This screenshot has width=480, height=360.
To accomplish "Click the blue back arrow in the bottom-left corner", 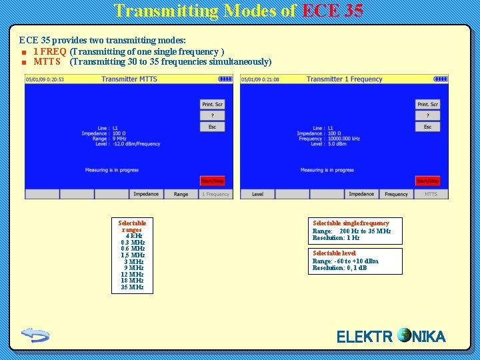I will (35, 334).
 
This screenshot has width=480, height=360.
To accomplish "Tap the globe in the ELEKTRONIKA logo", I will (404, 335).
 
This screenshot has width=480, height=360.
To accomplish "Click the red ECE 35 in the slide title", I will (333, 11).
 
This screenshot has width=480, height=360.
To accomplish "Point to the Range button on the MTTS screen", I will (181, 194).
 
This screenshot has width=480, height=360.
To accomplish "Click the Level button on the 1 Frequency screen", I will (257, 194).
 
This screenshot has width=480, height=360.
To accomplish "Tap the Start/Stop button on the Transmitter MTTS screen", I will (213, 181).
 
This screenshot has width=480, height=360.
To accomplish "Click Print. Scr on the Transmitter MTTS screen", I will (213, 104).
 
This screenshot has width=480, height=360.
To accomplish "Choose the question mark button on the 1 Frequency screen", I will (427, 115).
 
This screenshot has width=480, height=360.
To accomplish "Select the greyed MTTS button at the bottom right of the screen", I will (431, 194).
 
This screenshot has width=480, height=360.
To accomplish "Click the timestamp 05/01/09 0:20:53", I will (45, 79).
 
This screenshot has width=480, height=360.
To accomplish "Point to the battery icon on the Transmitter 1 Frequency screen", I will (441, 79).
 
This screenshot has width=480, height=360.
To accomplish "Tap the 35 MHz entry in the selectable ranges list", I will (132, 287).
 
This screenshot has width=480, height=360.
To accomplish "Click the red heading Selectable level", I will (335, 253).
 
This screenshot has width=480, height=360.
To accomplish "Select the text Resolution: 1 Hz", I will (336, 238).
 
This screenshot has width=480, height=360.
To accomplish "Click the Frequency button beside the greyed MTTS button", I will (396, 194).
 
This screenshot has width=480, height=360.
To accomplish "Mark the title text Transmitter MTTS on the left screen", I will (129, 79).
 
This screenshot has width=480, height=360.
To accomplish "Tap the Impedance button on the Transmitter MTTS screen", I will (146, 194).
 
